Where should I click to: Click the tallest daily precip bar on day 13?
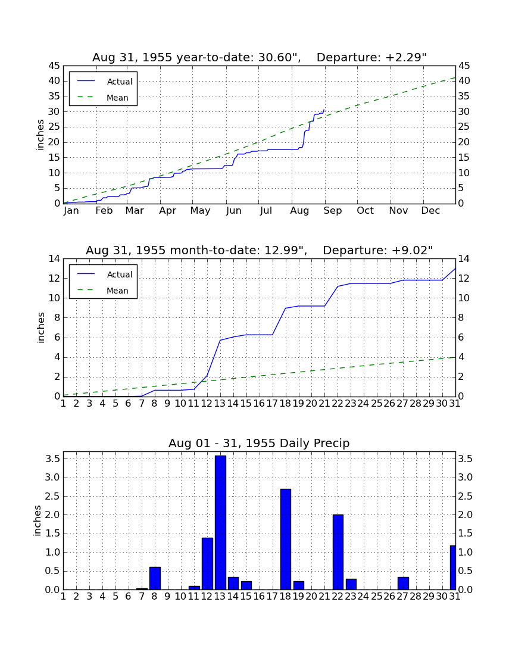pos(220,523)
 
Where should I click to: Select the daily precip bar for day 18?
pos(286,539)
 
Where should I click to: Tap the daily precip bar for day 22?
pos(338,552)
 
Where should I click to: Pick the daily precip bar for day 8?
pos(155,578)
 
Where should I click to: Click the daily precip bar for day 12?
pos(207,563)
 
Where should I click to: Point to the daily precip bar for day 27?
pos(403,583)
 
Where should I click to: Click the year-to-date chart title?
pos(260,57)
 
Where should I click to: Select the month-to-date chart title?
pos(260,250)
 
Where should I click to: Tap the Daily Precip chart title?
pos(259,443)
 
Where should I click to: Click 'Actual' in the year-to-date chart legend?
pos(120,82)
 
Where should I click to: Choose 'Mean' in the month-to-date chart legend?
pos(117,291)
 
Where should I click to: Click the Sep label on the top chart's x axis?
pos(332,211)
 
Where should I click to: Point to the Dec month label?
pos(430,211)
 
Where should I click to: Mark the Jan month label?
pos(71,211)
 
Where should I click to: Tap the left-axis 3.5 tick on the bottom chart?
pos(52,459)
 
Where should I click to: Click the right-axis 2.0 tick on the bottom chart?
pos(466,514)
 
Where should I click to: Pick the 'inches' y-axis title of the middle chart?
pos(40,327)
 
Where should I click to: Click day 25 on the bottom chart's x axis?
pos(377,596)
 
